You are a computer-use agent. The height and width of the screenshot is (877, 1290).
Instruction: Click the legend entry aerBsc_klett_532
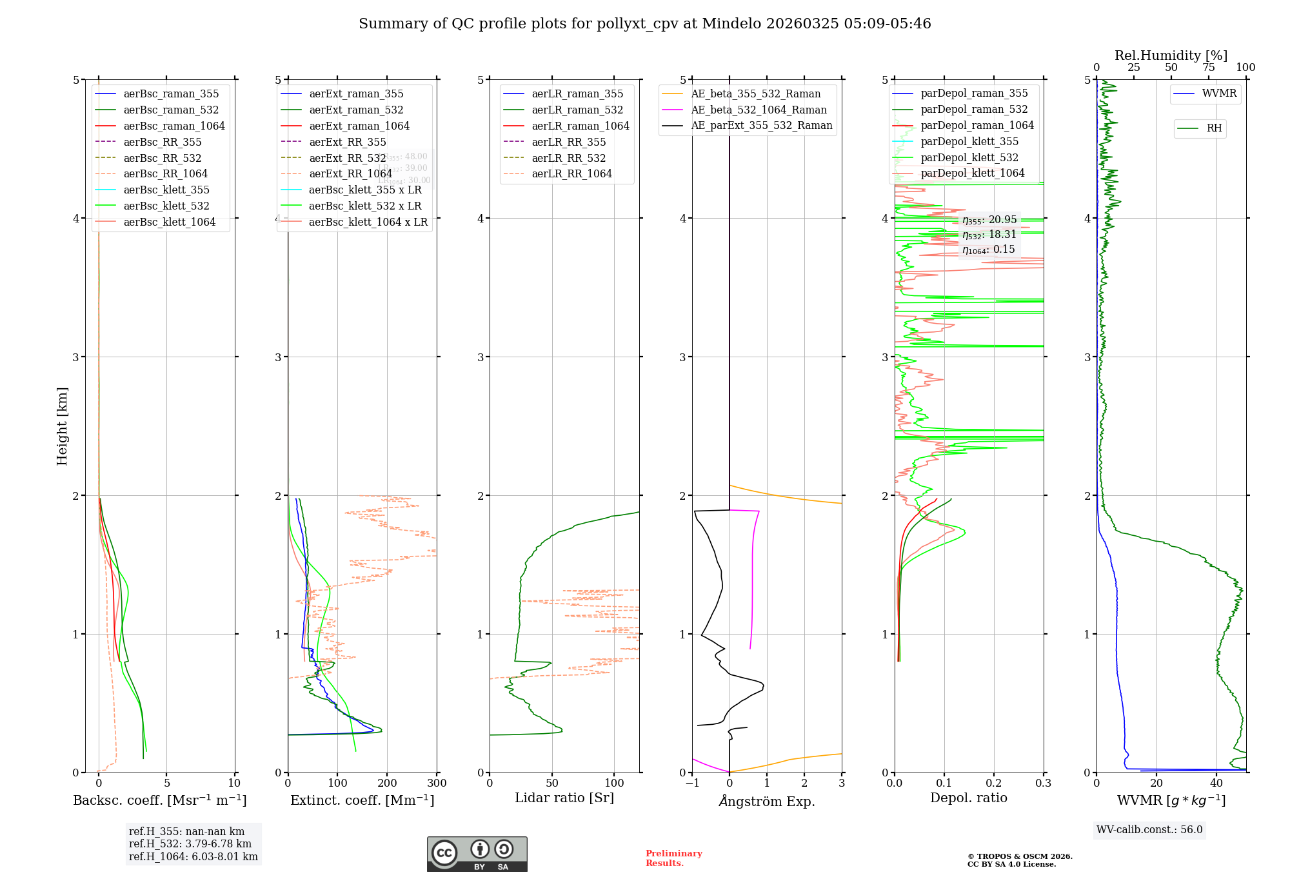point(166,206)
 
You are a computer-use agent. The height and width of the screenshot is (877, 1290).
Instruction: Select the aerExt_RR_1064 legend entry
point(350,173)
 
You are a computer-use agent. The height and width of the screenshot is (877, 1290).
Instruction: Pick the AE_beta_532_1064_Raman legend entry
point(759,110)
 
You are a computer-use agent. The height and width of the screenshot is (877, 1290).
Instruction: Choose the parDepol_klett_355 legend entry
point(969,141)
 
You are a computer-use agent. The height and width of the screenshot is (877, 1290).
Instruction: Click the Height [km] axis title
point(62,426)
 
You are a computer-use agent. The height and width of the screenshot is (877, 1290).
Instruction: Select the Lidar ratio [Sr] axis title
point(564,798)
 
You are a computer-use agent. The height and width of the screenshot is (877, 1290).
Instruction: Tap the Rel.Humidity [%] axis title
point(1171,55)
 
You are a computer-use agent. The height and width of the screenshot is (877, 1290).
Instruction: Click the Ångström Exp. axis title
point(767,801)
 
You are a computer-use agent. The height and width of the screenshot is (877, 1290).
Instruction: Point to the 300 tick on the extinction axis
point(437,783)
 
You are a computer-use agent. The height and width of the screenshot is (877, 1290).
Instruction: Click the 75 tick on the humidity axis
point(1209,68)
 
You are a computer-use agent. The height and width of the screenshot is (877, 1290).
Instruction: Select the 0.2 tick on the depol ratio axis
point(994,783)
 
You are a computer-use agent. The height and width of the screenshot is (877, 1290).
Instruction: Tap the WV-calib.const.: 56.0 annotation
point(1149,829)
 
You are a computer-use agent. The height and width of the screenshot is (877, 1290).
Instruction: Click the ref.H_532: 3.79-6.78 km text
point(190,843)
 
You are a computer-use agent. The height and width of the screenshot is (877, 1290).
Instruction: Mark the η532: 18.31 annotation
point(989,235)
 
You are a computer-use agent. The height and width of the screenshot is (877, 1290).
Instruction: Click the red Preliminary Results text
point(673,858)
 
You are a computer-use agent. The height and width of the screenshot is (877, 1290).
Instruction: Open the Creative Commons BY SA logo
point(477,854)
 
